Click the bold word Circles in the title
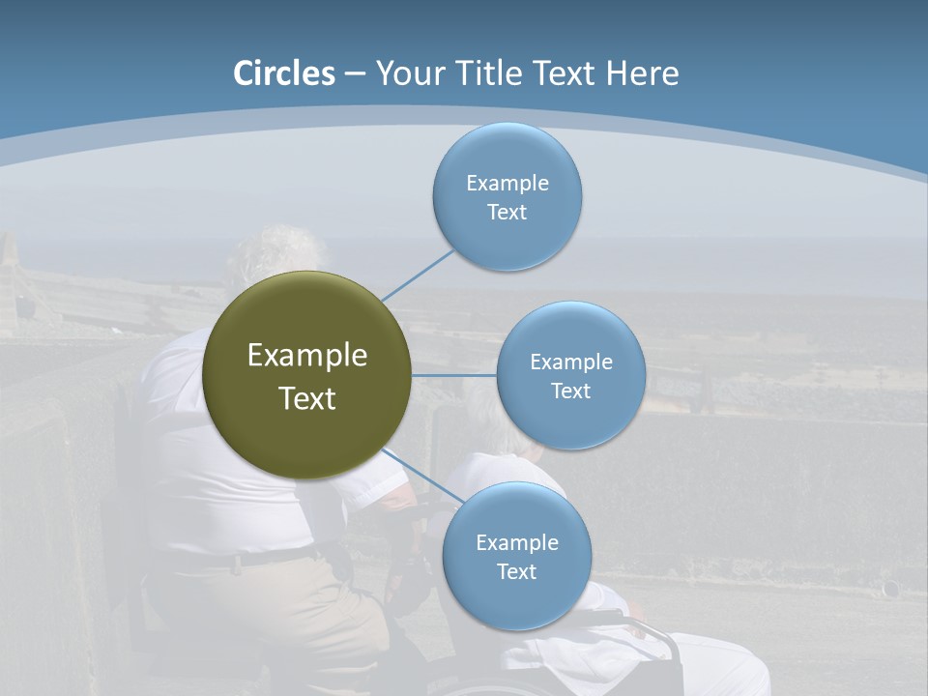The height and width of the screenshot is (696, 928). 284,73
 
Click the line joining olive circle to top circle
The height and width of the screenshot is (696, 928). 418,275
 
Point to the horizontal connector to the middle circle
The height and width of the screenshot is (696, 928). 454,375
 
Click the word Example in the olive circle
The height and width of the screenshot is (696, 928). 307,356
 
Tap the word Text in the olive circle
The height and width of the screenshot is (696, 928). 307,398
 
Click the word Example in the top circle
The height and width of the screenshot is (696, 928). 507,184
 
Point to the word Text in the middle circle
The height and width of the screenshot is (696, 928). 570,391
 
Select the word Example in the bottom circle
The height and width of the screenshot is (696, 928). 516,542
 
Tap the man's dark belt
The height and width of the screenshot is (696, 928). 251,559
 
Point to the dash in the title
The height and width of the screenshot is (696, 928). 354,73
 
